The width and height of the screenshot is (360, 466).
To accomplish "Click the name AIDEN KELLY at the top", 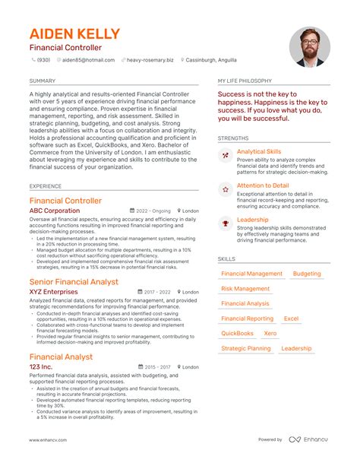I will click(74, 34).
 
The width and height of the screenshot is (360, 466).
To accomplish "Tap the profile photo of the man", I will click(309, 48).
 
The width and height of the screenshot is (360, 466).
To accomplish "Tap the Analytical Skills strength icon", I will click(225, 155).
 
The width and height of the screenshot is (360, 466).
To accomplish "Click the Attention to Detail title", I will click(263, 185).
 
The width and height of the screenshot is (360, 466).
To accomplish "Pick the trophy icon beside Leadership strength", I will click(225, 222).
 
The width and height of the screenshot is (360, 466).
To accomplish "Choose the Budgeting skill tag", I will click(307, 274).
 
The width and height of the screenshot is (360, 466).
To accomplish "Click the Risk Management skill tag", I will click(245, 289).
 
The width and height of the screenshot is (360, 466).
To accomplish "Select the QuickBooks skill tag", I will click(238, 333).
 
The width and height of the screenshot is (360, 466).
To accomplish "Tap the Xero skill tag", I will click(270, 333).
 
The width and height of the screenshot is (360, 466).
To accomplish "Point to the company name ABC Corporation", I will click(54, 211).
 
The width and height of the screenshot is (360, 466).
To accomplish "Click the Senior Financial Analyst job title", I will click(74, 281).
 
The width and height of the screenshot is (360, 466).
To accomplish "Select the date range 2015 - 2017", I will click(157, 366).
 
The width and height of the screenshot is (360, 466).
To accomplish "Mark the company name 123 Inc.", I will click(41, 366).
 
